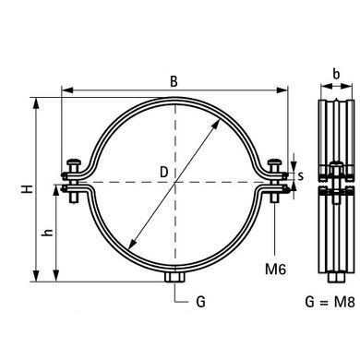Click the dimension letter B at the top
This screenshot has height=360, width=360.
(x=174, y=81)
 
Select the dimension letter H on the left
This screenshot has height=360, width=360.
(x=28, y=189)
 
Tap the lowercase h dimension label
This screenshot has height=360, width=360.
(x=48, y=233)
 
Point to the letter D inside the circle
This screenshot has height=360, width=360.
(x=164, y=172)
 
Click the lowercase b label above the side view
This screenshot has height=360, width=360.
(x=336, y=74)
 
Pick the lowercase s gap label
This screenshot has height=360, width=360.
(x=301, y=176)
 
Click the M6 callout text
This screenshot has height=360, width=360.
(x=276, y=270)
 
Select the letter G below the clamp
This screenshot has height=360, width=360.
(x=200, y=302)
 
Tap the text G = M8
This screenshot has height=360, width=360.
(x=330, y=302)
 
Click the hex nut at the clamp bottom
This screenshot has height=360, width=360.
(x=174, y=278)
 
